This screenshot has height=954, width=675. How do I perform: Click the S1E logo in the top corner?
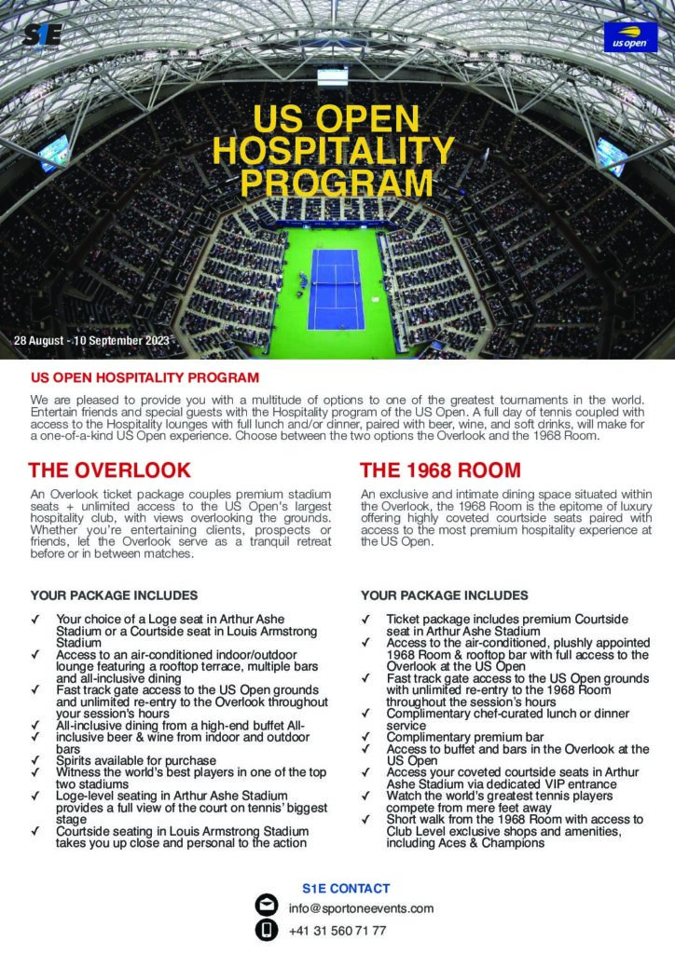(42, 35)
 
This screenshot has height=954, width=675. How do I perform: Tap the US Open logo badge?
(630, 37)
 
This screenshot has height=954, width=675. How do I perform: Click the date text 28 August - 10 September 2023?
(91, 341)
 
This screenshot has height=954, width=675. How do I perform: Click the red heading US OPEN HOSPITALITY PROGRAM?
(145, 379)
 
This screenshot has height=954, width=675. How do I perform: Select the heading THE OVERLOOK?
(110, 470)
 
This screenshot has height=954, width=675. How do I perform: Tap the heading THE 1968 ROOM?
(440, 470)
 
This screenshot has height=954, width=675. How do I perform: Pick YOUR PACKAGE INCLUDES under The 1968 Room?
(444, 595)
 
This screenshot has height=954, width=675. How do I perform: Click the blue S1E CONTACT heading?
(346, 889)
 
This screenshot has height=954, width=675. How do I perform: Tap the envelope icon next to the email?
(266, 906)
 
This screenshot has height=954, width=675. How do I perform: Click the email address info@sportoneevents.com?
(361, 907)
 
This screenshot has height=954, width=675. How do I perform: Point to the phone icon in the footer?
(266, 930)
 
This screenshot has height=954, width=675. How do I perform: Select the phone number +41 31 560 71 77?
(337, 931)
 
